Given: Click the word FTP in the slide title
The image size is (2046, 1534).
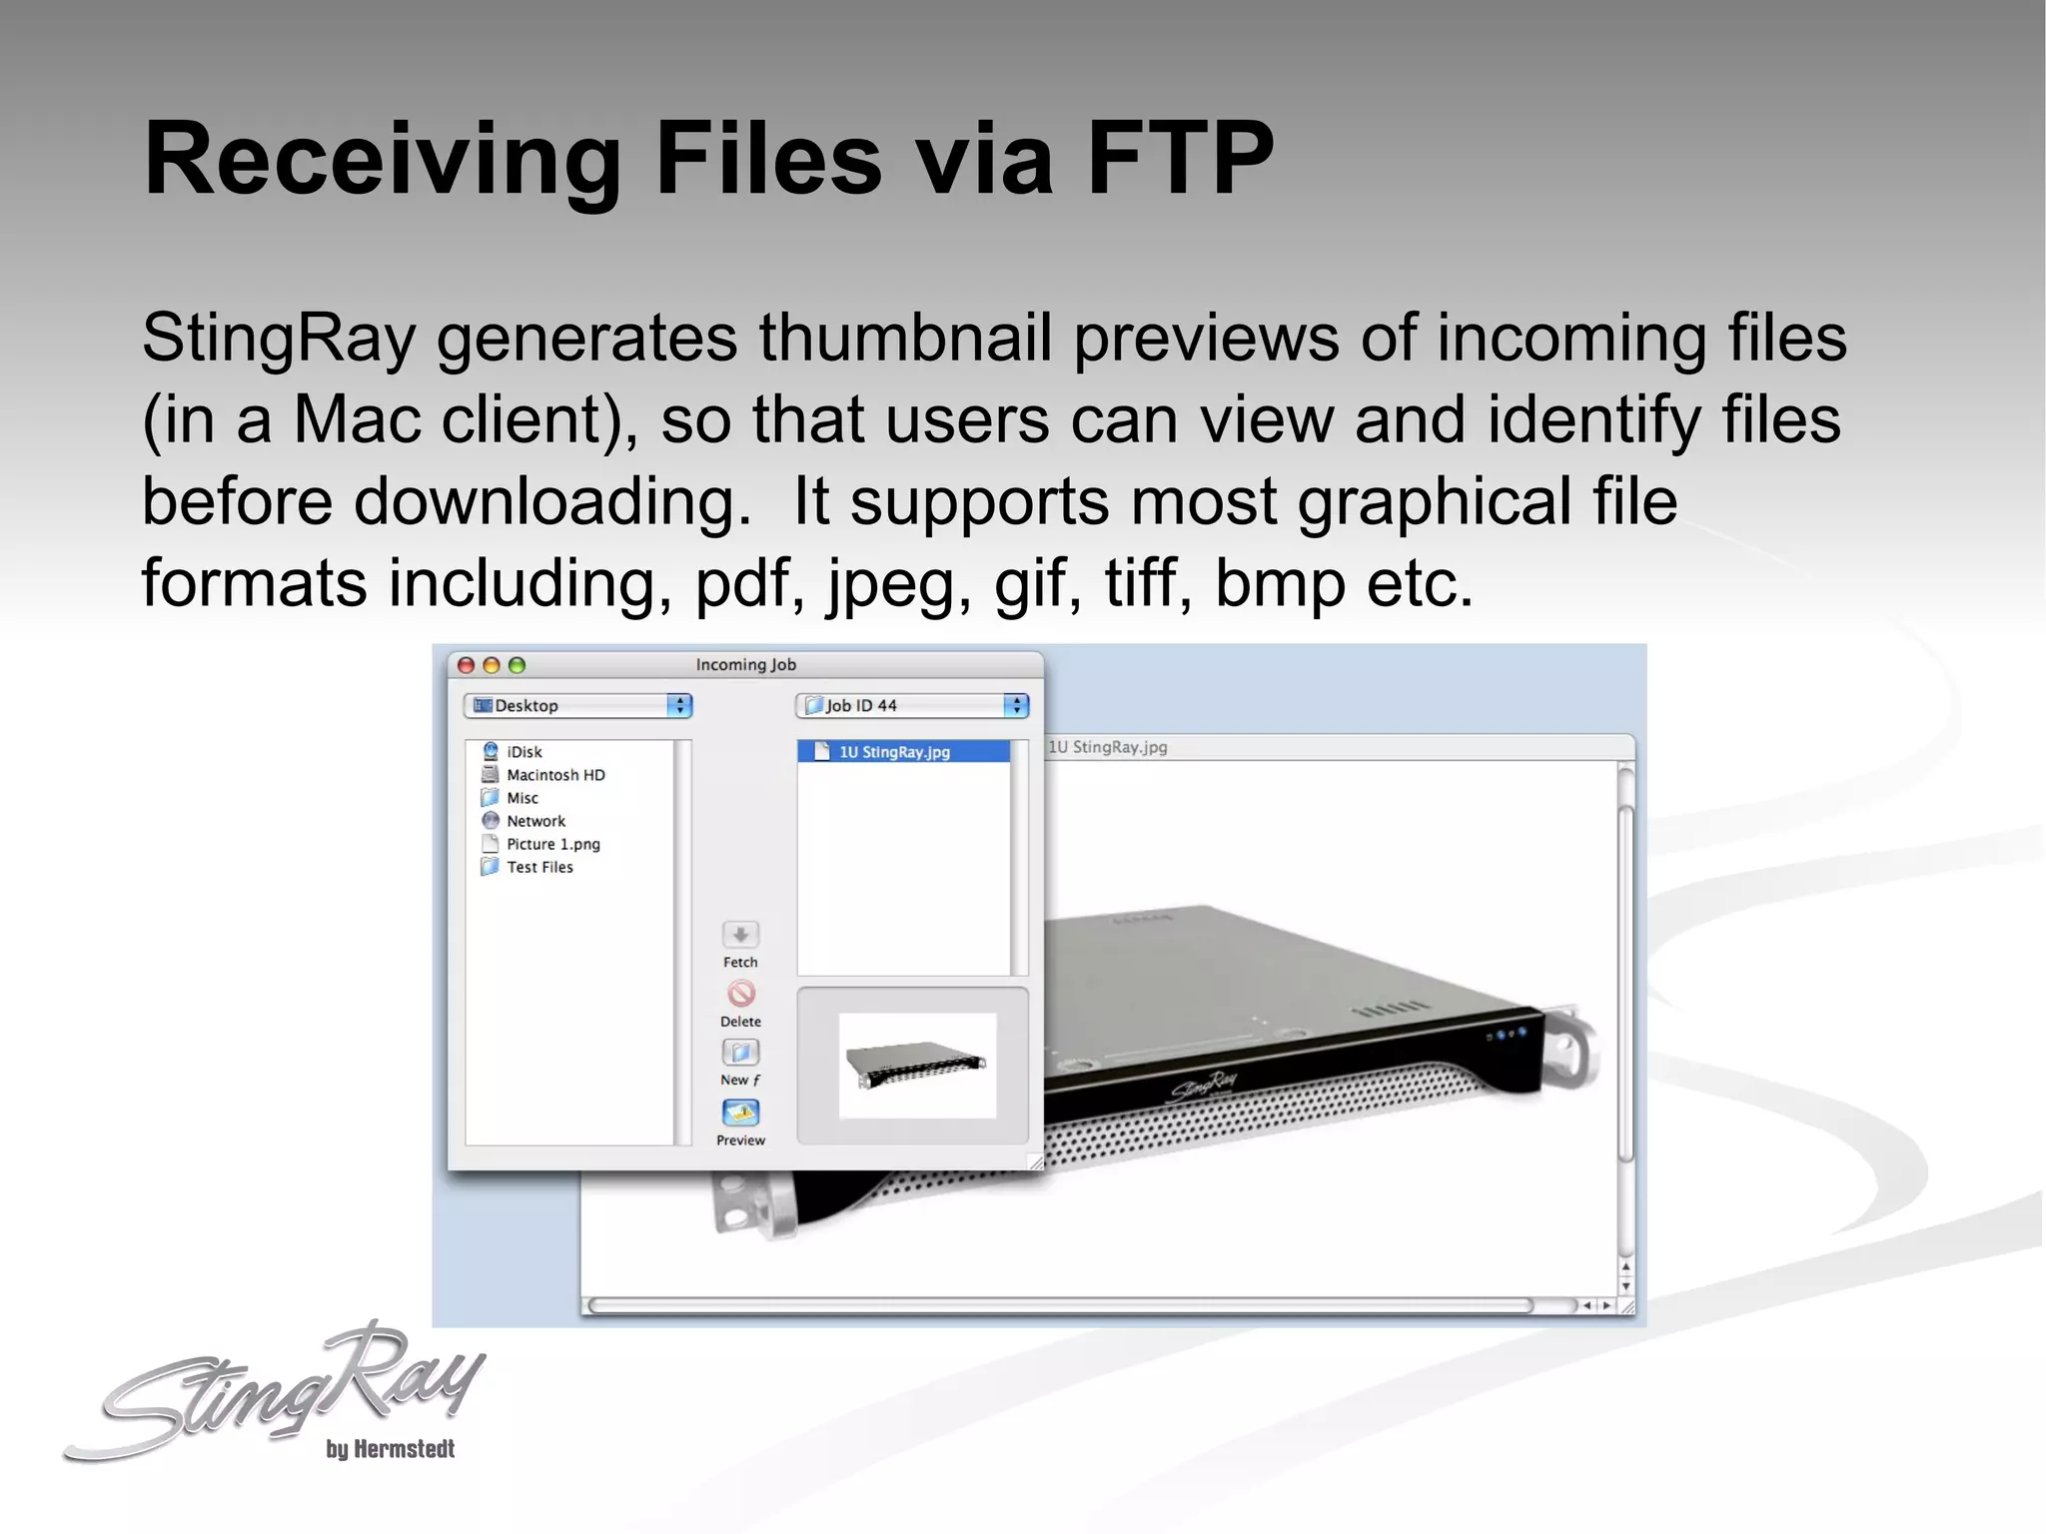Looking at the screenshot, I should click(x=1179, y=160).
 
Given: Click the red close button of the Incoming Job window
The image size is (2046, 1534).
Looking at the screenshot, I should click(x=466, y=665).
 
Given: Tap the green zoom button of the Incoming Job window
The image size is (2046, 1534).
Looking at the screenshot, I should click(x=516, y=665).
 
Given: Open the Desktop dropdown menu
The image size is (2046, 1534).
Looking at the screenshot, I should click(x=577, y=706).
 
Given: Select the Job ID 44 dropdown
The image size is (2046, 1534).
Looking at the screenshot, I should click(x=911, y=706).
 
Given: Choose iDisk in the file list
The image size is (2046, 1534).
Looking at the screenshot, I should click(x=523, y=752).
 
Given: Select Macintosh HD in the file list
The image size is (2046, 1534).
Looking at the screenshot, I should click(x=554, y=775).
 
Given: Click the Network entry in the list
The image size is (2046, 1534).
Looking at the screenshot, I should click(x=535, y=821).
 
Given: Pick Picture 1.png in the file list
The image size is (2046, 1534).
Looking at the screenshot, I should click(x=552, y=844).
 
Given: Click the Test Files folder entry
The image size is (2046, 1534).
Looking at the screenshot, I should click(x=539, y=867).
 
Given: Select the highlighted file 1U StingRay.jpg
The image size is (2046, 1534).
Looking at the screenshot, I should click(x=893, y=752).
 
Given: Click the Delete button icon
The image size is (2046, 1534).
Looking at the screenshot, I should click(x=740, y=994).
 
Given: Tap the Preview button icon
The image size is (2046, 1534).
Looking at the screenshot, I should click(x=740, y=1113).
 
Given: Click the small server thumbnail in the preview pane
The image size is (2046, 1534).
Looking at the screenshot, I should click(x=916, y=1066).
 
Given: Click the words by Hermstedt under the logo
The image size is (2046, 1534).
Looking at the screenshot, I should click(x=390, y=1449).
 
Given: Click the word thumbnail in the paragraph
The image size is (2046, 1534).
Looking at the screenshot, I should click(x=904, y=338).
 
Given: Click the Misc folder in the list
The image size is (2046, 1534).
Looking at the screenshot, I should click(x=521, y=798).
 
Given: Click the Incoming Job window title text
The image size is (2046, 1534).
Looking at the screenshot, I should click(x=745, y=665).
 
